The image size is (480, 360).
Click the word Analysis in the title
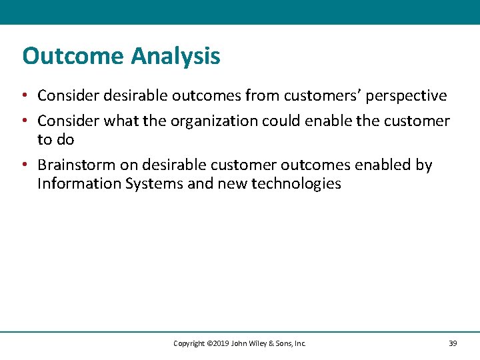coord(175,56)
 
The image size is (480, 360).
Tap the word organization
coord(215,121)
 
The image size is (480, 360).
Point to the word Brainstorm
coord(76,165)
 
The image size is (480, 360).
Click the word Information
coord(78,183)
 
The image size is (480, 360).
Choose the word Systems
coord(153,183)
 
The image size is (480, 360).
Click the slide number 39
coord(453,343)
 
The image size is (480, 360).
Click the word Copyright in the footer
coord(189,343)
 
